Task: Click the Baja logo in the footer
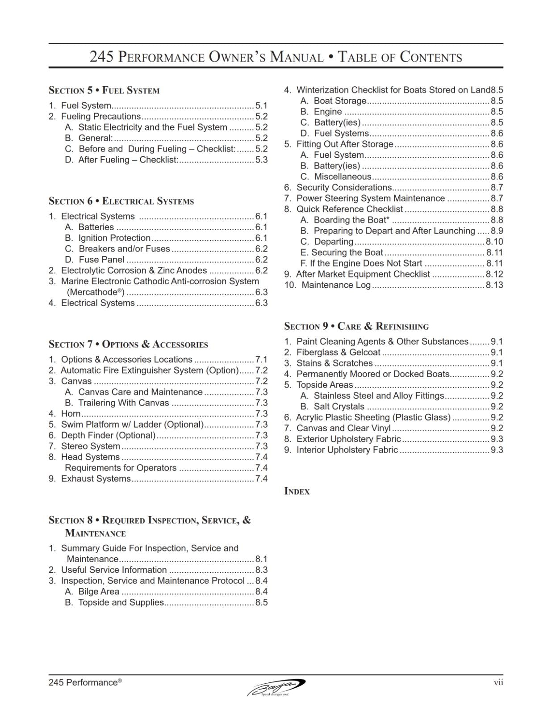coord(276,687)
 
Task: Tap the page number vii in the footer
coord(498,682)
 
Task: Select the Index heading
coord(297,492)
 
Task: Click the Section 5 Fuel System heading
coord(104,90)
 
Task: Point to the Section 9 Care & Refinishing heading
coord(356,326)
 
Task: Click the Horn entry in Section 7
coord(71,414)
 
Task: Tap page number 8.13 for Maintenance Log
coord(494,285)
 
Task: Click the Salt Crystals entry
coord(339,407)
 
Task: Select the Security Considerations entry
coord(344,188)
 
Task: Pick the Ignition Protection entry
coord(114,238)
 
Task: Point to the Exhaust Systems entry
coord(96,479)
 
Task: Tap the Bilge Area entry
coord(99,592)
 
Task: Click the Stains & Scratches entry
coord(334,363)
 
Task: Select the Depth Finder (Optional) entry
coord(108,435)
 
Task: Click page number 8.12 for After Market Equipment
coord(494,274)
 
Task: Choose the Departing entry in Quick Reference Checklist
coord(334,242)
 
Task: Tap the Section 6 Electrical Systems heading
coord(121,201)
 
